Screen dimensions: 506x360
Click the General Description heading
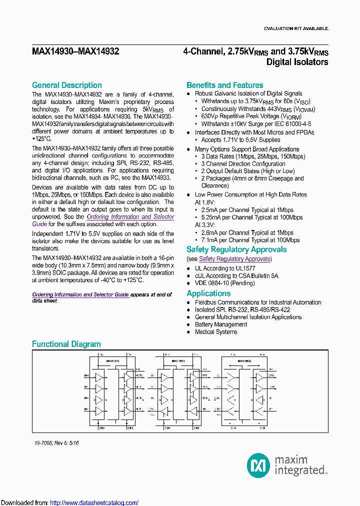[x=66, y=85]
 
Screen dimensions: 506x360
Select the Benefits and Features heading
[x=224, y=85]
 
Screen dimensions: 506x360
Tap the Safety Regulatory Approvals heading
[x=236, y=249]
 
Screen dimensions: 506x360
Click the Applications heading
[x=208, y=293]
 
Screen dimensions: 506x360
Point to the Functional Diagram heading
[x=66, y=344]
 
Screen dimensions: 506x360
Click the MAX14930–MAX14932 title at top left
[x=75, y=51]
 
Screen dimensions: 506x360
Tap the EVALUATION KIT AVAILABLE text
[x=296, y=28]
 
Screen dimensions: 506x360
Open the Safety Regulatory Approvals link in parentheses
[x=234, y=259]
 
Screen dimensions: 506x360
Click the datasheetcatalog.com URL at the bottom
[x=94, y=502]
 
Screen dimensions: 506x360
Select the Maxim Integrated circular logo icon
[x=259, y=466]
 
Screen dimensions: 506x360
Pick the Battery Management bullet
[x=220, y=324]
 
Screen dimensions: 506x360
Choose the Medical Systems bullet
[x=216, y=332]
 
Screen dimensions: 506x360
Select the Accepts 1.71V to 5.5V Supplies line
[x=240, y=140]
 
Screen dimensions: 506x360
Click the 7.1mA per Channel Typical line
[x=250, y=240]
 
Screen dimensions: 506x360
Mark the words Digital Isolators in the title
[x=297, y=62]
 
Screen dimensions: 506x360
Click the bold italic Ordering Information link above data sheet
[x=80, y=294]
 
